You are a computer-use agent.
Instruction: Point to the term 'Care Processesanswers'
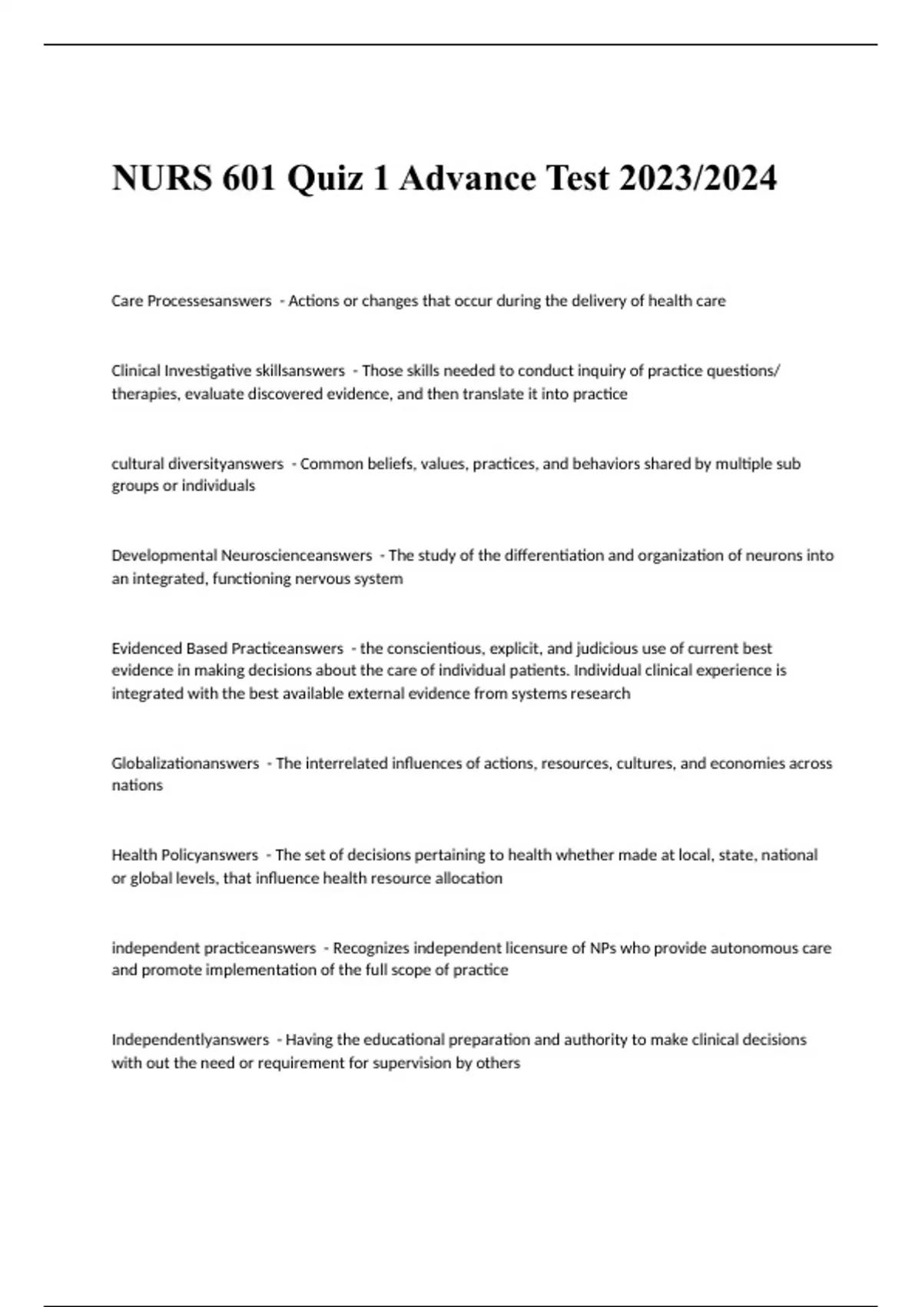pos(191,301)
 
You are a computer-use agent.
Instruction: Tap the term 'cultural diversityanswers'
pos(197,464)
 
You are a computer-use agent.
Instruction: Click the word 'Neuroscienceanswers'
pos(297,555)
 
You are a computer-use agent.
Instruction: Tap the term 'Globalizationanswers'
pos(185,763)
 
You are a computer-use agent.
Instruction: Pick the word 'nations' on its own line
pos(137,785)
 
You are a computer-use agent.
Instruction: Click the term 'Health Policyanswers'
pos(184,855)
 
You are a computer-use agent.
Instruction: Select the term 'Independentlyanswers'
pos(190,1039)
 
